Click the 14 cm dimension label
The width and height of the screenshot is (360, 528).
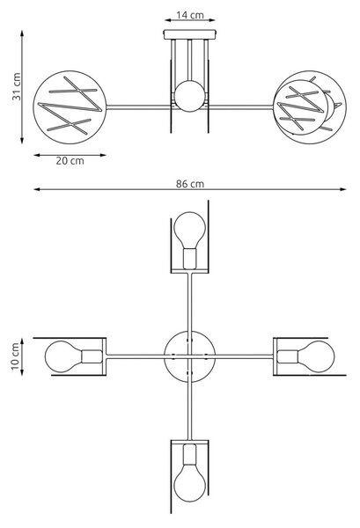(x=190, y=15)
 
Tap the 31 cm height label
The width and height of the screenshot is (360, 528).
(x=17, y=86)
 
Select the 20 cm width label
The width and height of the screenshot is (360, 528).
(x=70, y=161)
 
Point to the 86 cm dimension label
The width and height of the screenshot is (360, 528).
(x=190, y=184)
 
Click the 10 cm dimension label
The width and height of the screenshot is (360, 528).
(x=16, y=356)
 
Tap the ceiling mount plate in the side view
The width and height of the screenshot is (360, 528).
(x=190, y=34)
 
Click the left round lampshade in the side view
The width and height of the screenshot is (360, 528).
(x=70, y=107)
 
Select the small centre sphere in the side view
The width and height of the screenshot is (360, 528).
(x=189, y=96)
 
